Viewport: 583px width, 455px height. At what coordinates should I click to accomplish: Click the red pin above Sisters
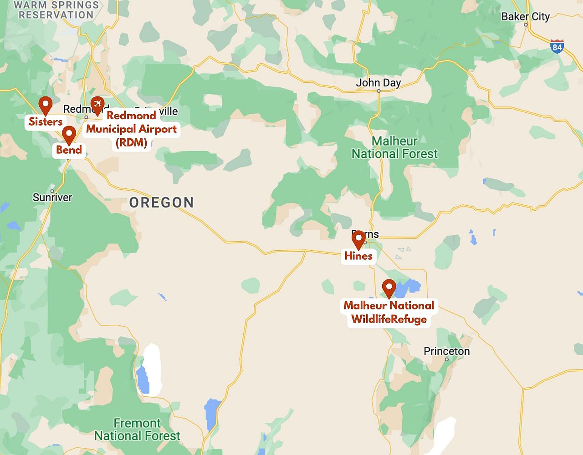coord(45,105)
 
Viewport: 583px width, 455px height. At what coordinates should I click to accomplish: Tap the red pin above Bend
coord(69,134)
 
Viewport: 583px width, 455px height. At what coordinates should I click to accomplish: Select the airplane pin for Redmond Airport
coord(97,105)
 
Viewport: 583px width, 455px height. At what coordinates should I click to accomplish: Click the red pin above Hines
coord(358,239)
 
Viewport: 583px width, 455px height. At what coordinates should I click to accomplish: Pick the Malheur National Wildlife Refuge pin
coord(389,288)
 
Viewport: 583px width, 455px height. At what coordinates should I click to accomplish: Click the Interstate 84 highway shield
coord(557,46)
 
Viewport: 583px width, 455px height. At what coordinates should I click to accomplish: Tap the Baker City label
coord(525,17)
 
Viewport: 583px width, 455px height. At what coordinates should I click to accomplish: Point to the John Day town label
coord(378,83)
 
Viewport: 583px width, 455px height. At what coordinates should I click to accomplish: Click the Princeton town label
coord(446,351)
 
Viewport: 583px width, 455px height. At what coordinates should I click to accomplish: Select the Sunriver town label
coord(52,197)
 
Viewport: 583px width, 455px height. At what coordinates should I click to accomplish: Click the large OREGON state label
coord(162,202)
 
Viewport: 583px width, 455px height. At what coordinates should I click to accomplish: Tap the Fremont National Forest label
coord(137,430)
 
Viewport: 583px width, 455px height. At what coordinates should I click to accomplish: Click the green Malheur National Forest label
coord(394,147)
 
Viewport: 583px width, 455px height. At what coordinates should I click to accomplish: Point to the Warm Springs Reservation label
coord(56,10)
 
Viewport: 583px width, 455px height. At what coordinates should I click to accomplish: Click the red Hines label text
coord(358,256)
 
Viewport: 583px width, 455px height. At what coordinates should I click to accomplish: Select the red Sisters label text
coord(46,121)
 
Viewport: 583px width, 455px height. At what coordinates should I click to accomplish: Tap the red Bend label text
coord(69,150)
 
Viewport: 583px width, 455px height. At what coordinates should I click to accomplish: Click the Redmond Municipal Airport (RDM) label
coord(131,129)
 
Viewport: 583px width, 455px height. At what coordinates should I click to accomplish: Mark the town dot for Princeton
coord(447,359)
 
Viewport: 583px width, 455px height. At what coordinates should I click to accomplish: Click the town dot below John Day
coord(378,91)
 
